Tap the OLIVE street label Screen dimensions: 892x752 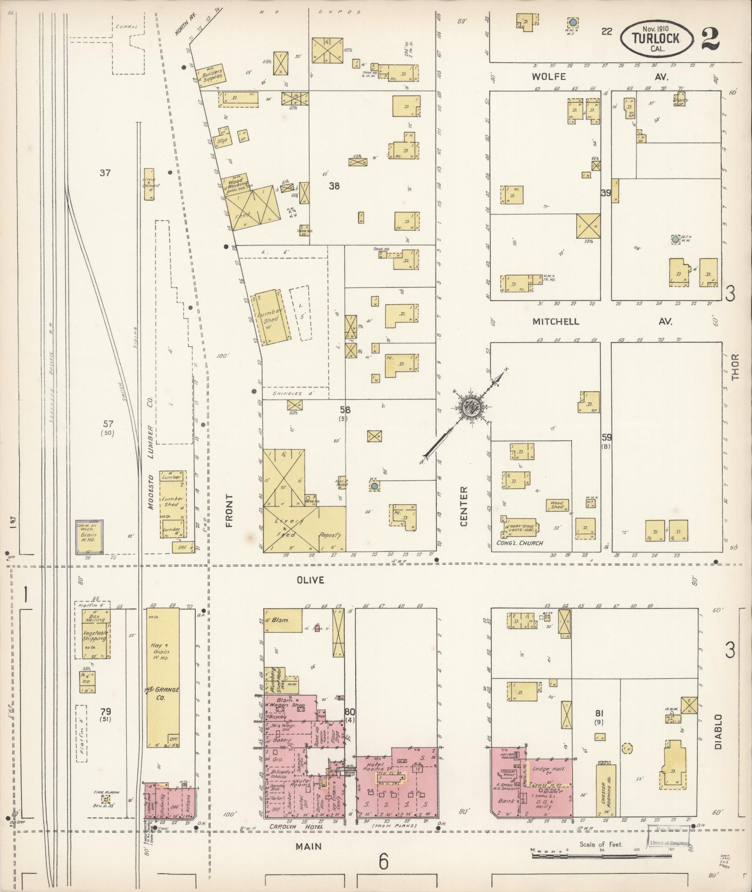(310, 580)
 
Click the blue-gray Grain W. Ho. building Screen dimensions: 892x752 (90, 537)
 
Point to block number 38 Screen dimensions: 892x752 (334, 186)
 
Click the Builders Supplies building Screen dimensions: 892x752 (211, 75)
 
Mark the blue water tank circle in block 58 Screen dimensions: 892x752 (374, 486)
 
